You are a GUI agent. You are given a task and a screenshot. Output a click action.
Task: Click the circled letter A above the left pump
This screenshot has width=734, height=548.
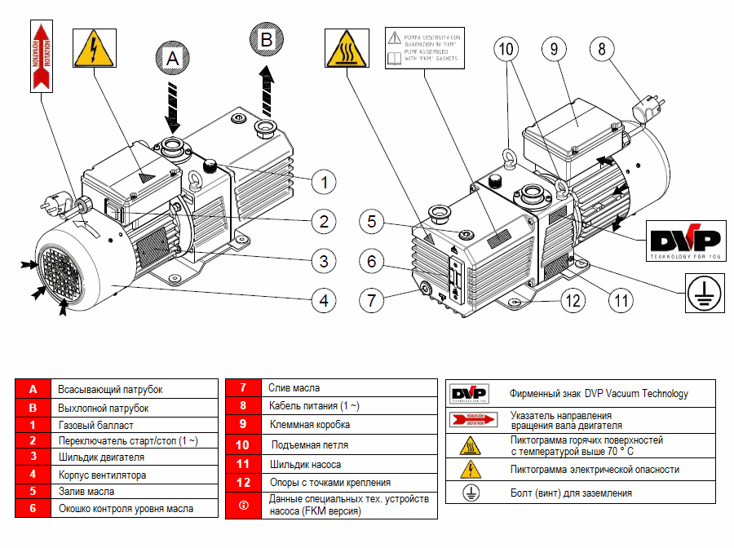coord(170,58)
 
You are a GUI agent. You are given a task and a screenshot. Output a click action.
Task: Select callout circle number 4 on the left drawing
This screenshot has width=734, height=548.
coord(324,301)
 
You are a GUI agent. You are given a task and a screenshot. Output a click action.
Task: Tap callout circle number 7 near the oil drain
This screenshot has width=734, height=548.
coord(372,299)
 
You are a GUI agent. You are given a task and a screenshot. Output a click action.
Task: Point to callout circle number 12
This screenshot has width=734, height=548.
coord(573,300)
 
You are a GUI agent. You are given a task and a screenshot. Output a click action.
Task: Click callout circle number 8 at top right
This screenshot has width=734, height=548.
coord(602,49)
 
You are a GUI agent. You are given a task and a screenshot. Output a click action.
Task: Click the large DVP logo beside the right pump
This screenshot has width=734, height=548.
coord(685,241)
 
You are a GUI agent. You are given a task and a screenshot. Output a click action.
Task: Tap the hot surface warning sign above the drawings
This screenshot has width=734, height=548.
coord(346,47)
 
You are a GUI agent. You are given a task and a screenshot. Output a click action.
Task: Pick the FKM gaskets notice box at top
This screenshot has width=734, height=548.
coord(423,47)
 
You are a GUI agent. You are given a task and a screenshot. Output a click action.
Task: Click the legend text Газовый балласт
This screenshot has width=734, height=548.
coord(95,425)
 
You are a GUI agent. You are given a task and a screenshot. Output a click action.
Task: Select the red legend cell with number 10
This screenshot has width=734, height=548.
coord(242,444)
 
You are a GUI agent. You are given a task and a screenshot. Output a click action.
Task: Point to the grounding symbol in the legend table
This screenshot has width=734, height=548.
coord(470,493)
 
